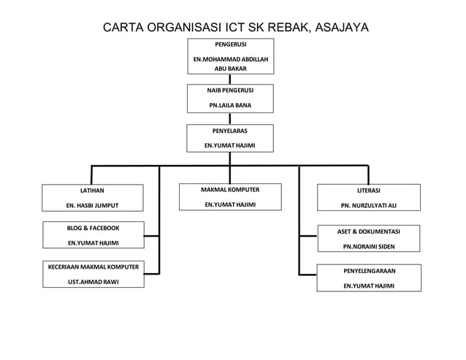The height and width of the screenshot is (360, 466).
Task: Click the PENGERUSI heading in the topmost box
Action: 230,45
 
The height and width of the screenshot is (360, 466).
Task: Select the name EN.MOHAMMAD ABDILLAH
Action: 230,58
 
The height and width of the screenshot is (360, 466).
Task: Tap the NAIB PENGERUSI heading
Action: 230,91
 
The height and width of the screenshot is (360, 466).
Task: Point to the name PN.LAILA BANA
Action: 230,105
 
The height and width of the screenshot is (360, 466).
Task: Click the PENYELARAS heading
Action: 230,131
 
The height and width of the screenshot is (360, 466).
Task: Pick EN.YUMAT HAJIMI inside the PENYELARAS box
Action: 230,145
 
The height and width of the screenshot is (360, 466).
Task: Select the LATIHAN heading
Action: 92,191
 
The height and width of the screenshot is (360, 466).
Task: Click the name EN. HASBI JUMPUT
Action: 92,205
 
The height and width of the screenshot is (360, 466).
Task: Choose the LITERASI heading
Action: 368,191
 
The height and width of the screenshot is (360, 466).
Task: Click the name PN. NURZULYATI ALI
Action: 369,205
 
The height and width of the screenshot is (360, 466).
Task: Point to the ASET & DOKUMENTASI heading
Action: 369,231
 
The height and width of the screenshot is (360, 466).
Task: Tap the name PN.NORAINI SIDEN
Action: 369,246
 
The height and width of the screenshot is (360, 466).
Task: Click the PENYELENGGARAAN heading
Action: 369,271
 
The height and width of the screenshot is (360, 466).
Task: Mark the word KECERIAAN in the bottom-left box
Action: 67,266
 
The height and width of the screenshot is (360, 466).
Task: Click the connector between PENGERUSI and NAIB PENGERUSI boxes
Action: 230,79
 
